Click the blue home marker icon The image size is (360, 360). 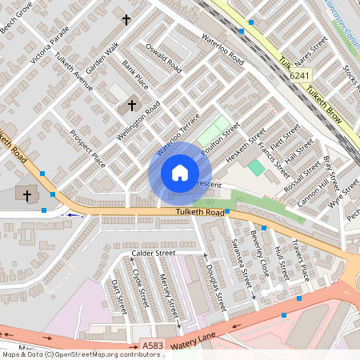click(179, 173)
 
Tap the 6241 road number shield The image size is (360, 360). click(299, 75)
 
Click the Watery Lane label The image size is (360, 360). click(192, 340)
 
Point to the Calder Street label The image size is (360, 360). click(153, 254)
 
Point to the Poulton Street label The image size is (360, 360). click(222, 139)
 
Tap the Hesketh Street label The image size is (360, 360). click(244, 149)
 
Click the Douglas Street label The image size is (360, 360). click(216, 288)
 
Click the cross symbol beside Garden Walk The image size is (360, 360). click(126, 18)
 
